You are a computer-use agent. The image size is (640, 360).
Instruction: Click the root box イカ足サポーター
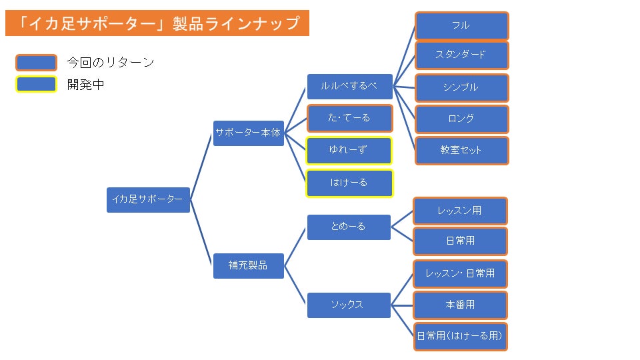point(148,200)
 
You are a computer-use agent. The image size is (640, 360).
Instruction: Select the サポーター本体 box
point(249,133)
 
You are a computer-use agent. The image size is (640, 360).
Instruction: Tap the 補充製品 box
point(249,265)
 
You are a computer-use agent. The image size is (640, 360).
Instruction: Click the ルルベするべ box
point(349,86)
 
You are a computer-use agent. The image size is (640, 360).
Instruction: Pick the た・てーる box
point(349,118)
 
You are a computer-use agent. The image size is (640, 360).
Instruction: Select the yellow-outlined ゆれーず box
point(349,151)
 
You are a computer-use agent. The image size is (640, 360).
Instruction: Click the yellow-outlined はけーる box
point(349,183)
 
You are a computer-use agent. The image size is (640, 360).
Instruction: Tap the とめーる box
point(349,227)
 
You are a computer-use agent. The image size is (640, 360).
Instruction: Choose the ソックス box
point(349,305)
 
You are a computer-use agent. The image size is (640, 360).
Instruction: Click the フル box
point(461,25)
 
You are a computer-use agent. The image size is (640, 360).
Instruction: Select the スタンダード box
point(461,55)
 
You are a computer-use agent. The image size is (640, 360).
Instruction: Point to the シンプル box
point(461,87)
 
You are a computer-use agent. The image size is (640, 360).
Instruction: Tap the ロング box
point(461,119)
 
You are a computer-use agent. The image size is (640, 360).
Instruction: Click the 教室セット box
point(461,151)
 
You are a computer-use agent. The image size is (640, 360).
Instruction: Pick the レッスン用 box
point(460,211)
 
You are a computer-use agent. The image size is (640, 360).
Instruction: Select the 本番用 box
point(460,305)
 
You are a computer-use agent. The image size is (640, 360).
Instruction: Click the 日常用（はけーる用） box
point(460,336)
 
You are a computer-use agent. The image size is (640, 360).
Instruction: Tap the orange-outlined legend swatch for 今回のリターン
point(36,63)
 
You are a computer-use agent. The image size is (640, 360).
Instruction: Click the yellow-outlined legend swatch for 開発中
point(36,85)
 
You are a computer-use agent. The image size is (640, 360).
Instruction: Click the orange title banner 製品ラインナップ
point(157,24)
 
